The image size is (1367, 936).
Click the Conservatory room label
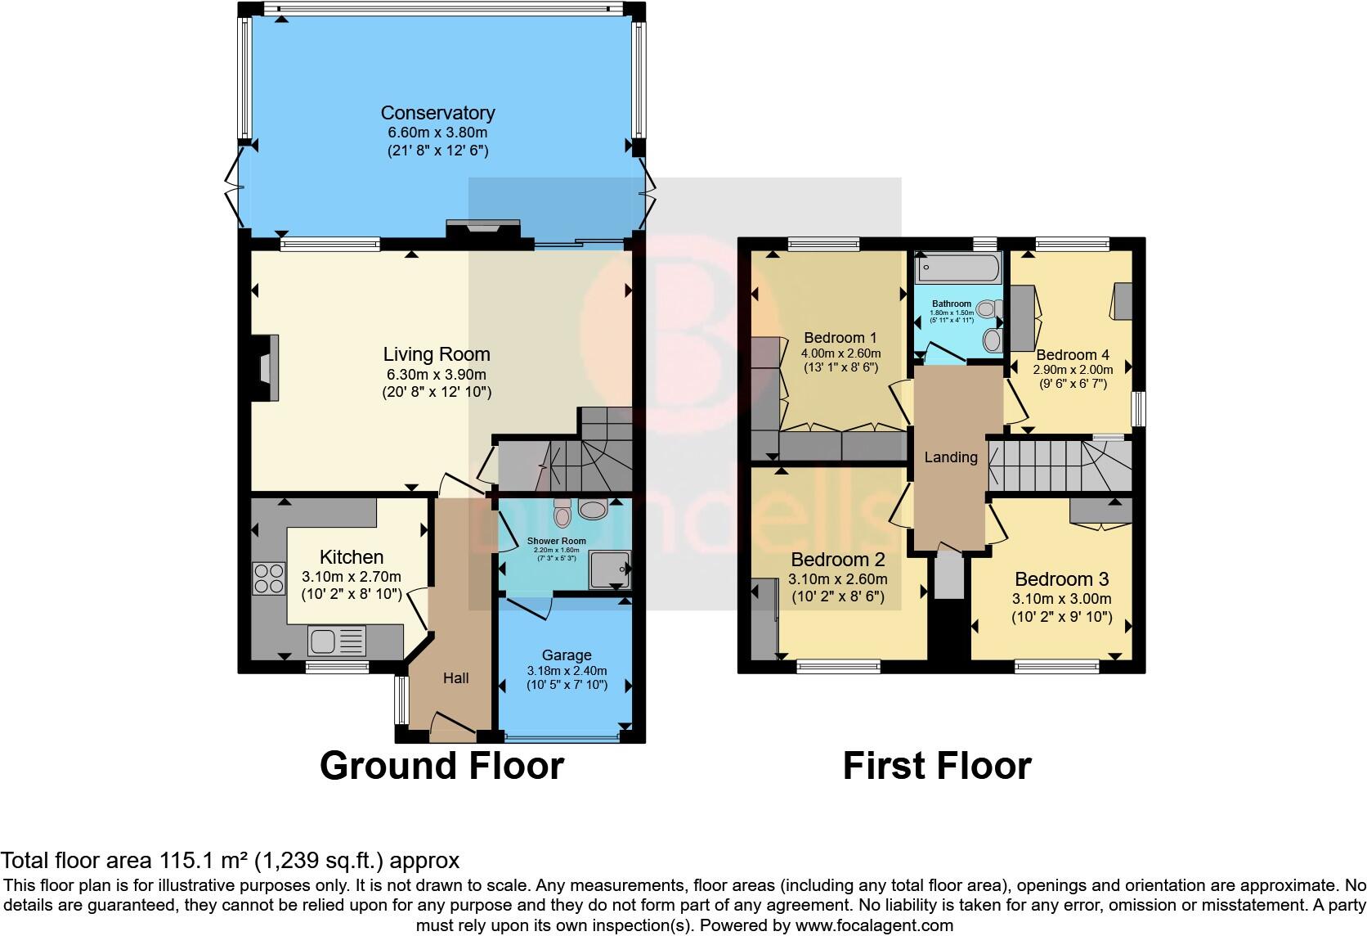pos(437,113)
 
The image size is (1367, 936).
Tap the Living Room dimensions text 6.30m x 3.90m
pos(437,375)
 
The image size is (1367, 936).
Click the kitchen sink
pos(337,641)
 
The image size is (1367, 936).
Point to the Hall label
pos(455,677)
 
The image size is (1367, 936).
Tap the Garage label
pos(566,655)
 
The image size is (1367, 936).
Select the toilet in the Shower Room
pos(562,512)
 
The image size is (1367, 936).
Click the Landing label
pos(950,457)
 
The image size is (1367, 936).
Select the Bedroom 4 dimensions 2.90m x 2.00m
pos(1072,370)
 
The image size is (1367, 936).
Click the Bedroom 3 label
pos(1061,579)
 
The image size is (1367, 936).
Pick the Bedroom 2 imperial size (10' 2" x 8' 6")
pos(837,596)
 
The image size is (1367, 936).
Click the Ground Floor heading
pos(441,766)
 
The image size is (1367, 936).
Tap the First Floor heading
pos(936,766)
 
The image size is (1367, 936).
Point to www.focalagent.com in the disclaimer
pos(873,925)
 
